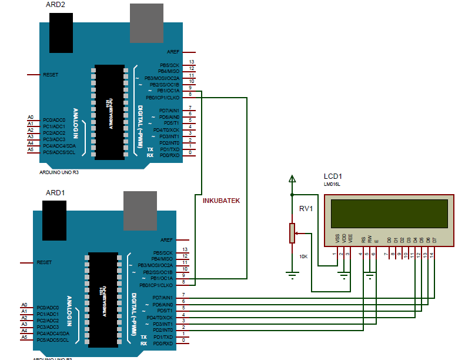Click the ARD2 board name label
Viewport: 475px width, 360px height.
(55, 5)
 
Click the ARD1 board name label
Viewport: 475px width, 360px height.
(55, 192)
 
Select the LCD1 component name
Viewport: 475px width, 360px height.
(333, 176)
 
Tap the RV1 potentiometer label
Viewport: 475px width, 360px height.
(306, 209)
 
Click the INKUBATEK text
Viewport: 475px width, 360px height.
(221, 201)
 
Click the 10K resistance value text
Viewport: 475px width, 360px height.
(304, 256)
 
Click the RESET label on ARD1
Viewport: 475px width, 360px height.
(45, 262)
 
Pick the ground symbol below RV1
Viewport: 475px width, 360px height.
(292, 274)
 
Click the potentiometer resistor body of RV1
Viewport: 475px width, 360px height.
(292, 234)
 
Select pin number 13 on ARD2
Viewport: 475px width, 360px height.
(192, 62)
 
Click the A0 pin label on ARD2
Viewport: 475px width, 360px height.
(31, 117)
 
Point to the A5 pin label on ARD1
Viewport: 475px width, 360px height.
(24, 338)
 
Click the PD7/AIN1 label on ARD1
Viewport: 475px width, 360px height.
(162, 298)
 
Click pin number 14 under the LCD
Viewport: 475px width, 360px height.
(432, 254)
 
